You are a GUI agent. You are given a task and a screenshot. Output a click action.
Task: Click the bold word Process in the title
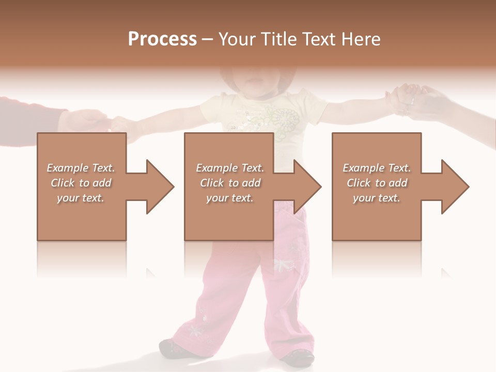coord(162,39)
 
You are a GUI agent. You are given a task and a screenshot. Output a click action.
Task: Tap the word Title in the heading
coord(279,39)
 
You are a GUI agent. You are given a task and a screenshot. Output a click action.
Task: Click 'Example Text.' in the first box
coord(81,168)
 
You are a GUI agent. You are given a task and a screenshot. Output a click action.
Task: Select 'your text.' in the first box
coord(81,198)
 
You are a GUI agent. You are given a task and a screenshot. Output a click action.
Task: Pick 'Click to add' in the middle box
coord(230,183)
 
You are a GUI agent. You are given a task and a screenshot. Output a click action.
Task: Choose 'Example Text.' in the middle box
coord(230,168)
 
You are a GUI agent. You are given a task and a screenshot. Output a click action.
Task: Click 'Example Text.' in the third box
coord(377,168)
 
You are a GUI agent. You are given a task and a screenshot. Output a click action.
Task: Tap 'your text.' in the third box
coord(377,198)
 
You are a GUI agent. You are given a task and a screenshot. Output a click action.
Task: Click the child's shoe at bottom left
coord(173,347)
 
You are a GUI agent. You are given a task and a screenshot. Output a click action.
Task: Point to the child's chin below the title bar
coord(253,83)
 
